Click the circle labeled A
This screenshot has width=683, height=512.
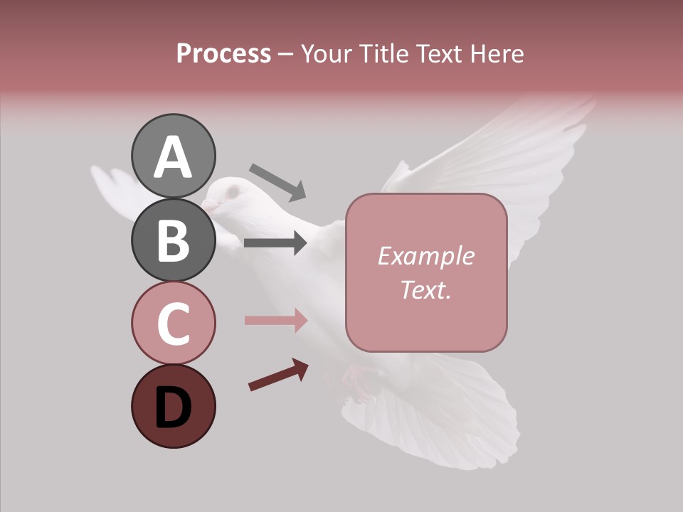[173, 156]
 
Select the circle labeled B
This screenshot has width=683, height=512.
[173, 240]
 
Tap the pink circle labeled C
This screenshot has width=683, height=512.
[173, 323]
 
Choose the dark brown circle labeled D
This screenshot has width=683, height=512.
[173, 406]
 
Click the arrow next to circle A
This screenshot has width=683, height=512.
[277, 182]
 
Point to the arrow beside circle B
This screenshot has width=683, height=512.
[275, 243]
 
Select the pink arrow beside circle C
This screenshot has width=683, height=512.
[275, 320]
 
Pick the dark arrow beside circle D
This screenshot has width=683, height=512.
[278, 375]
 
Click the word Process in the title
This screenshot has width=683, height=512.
[223, 53]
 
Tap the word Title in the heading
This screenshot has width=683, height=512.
[382, 53]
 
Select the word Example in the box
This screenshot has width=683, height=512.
[425, 256]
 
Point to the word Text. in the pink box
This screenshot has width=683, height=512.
[425, 289]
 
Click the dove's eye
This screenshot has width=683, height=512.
[231, 191]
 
